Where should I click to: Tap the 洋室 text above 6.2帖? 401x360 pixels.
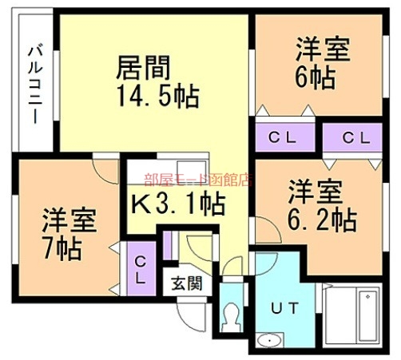click(315, 191)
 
